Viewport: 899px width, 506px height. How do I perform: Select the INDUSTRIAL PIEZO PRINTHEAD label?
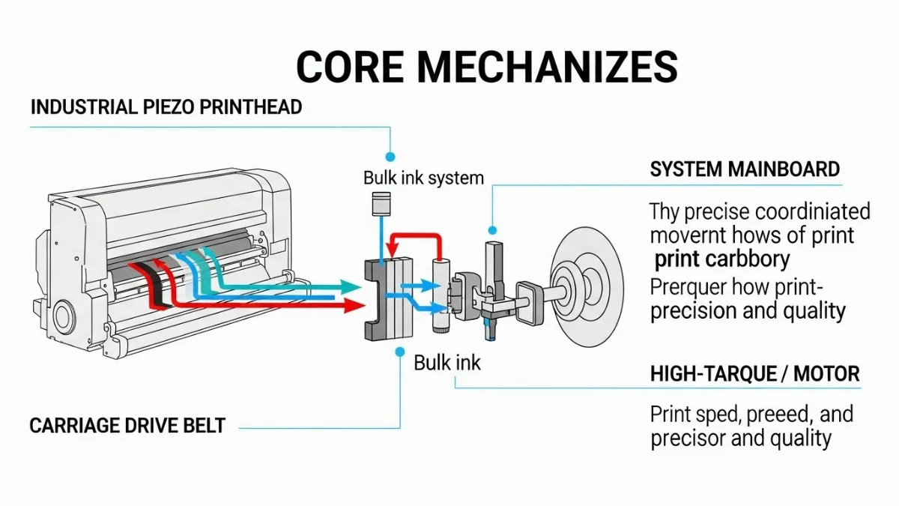click(166, 106)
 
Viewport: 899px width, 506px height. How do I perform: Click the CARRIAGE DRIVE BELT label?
click(127, 426)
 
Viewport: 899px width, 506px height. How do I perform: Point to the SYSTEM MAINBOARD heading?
click(745, 169)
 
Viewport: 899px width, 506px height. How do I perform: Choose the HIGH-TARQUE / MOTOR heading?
click(754, 373)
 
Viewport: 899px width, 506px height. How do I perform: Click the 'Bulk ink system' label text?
click(423, 178)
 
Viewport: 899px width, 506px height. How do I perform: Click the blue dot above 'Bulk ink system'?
click(390, 157)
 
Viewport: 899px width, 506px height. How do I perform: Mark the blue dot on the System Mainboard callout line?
click(492, 230)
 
